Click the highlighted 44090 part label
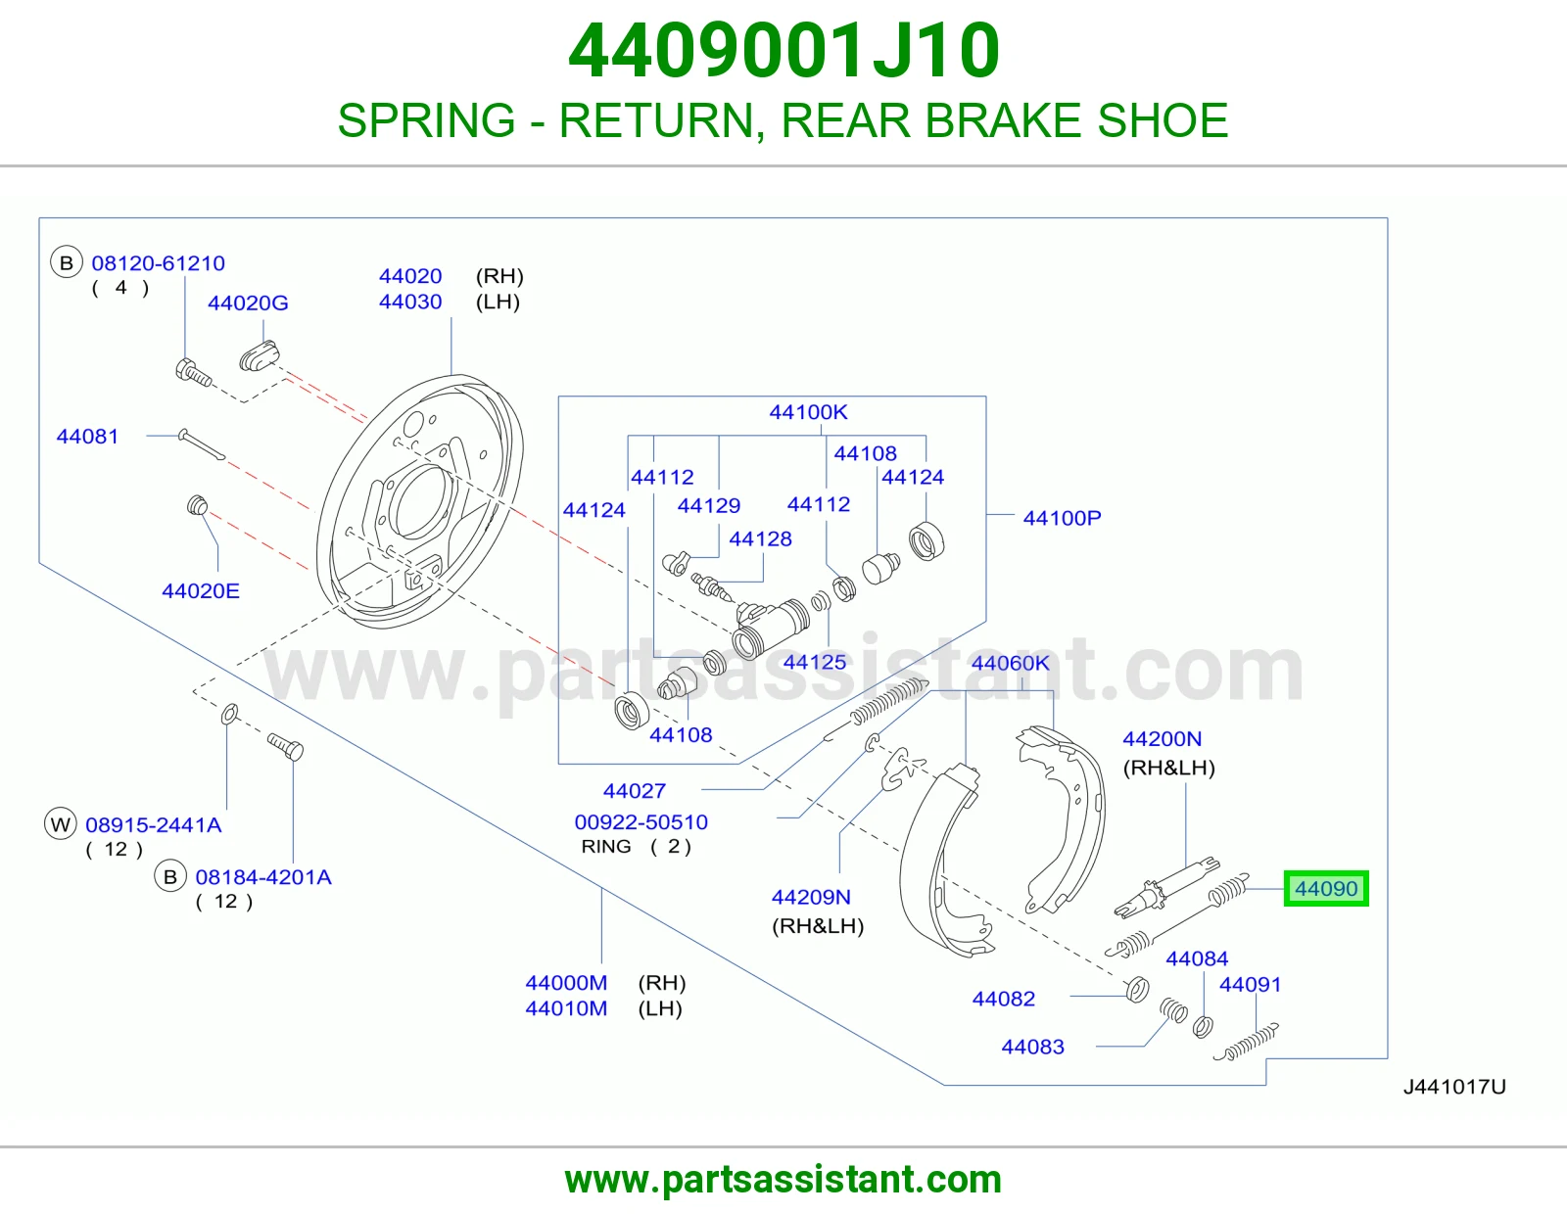pyautogui.click(x=1325, y=888)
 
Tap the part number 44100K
pyautogui.click(x=808, y=412)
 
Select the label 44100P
pyautogui.click(x=1062, y=518)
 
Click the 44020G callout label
pyautogui.click(x=248, y=303)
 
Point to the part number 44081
pyautogui.click(x=87, y=436)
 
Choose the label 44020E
pyautogui.click(x=201, y=591)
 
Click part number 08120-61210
pyautogui.click(x=158, y=263)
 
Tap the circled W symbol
pyautogui.click(x=61, y=824)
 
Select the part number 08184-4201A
pyautogui.click(x=263, y=876)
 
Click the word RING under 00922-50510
pyautogui.click(x=605, y=846)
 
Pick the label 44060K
pyautogui.click(x=1010, y=663)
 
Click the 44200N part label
pyautogui.click(x=1162, y=739)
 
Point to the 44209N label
pyautogui.click(x=811, y=897)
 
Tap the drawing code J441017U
pyautogui.click(x=1454, y=1087)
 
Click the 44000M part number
pyautogui.click(x=566, y=983)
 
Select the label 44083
pyautogui.click(x=1032, y=1047)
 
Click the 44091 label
pyautogui.click(x=1250, y=985)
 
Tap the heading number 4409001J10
pyautogui.click(x=783, y=51)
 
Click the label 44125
pyautogui.click(x=814, y=663)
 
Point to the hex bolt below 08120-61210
pyautogui.click(x=193, y=373)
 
